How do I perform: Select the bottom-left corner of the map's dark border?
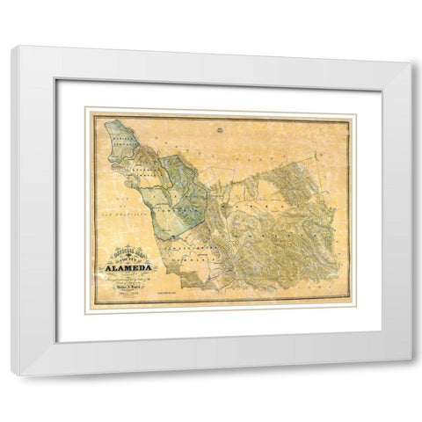tap(95, 304)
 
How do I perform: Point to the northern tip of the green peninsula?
tap(108, 124)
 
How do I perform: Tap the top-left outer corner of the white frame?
tap(12, 46)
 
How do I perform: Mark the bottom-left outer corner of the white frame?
tap(12, 375)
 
